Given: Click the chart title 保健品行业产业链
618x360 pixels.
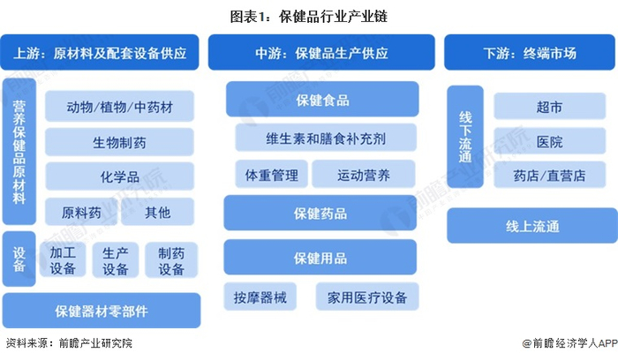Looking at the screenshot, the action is pyautogui.click(x=309, y=17).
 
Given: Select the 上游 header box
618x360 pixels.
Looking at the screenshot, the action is pyautogui.click(x=100, y=52).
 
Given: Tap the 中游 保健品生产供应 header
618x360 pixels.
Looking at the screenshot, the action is pyautogui.click(x=321, y=52).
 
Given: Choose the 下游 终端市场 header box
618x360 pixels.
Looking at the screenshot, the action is pyautogui.click(x=530, y=52).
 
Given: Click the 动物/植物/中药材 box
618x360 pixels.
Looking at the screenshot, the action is pyautogui.click(x=119, y=107).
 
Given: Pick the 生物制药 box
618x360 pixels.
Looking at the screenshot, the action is pyautogui.click(x=119, y=142).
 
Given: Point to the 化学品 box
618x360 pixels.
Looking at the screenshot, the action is pyautogui.click(x=119, y=176).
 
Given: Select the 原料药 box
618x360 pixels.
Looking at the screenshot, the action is pyautogui.click(x=81, y=212).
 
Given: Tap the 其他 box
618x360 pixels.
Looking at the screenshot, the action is pyautogui.click(x=158, y=212).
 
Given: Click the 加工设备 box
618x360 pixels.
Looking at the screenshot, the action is pyautogui.click(x=63, y=260).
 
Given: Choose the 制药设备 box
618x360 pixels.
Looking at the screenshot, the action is pyautogui.click(x=171, y=260).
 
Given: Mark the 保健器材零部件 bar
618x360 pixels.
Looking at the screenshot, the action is pyautogui.click(x=102, y=311).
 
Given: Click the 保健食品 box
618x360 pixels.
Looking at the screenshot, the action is pyautogui.click(x=322, y=99).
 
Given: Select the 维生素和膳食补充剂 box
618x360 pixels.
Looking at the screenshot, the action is pyautogui.click(x=326, y=138).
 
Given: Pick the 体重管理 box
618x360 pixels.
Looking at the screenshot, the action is pyautogui.click(x=272, y=174).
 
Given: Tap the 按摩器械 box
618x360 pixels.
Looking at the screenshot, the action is pyautogui.click(x=260, y=296).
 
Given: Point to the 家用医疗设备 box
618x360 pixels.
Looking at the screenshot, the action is pyautogui.click(x=367, y=296).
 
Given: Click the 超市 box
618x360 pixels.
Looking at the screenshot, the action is pyautogui.click(x=549, y=107).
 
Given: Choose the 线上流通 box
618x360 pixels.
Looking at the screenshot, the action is pyautogui.click(x=532, y=226).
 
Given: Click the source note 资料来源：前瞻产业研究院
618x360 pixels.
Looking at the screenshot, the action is pyautogui.click(x=70, y=343).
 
